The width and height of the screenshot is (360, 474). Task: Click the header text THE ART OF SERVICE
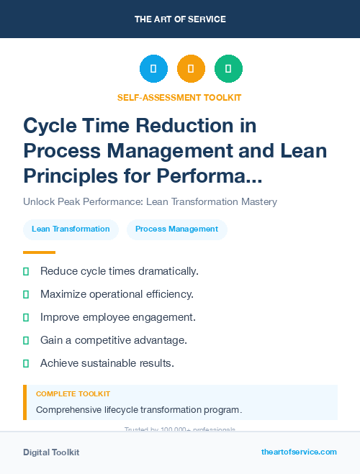[180, 19]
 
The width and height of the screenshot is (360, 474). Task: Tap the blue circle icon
[153, 68]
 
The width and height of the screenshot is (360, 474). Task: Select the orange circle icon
[191, 68]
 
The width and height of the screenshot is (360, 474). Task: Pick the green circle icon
[228, 68]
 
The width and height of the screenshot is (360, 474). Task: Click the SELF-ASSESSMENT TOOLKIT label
[180, 97]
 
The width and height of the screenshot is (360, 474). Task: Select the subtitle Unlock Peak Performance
[150, 201]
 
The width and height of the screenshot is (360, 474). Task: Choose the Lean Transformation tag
[71, 229]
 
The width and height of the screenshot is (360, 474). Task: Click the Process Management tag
[177, 229]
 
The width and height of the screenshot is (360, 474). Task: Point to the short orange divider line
[39, 252]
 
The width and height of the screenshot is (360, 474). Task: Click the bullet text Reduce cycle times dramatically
[119, 271]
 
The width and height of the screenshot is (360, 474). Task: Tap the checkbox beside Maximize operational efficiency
[26, 294]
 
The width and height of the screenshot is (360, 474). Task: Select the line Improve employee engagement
[117, 317]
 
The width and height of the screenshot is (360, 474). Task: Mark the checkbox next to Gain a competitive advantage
[26, 340]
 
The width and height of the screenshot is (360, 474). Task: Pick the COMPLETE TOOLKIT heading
[73, 394]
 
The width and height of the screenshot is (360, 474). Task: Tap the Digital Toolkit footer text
[51, 452]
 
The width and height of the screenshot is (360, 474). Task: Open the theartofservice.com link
[299, 452]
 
